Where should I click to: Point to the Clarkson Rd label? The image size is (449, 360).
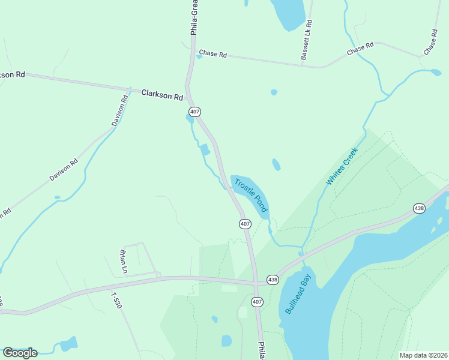pos(162,95)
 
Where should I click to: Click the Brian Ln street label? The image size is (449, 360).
pos(124,262)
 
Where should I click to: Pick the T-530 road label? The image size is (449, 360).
pos(116,300)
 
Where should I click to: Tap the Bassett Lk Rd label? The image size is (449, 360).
pos(307,41)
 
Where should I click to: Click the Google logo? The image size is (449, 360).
pos(20,353)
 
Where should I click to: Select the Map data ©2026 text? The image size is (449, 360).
pos(423,355)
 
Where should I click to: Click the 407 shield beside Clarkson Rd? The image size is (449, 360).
pos(194,112)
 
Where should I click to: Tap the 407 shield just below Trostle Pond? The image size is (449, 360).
pos(244,223)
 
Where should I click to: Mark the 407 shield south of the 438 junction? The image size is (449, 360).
pos(257,301)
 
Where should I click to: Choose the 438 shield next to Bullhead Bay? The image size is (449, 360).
pos(273,280)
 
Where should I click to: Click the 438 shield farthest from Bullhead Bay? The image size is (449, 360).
pos(419,208)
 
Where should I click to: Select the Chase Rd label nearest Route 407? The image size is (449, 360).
pos(213,54)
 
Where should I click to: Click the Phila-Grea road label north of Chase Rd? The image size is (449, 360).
pos(194,18)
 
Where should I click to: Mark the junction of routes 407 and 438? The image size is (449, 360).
pos(257,282)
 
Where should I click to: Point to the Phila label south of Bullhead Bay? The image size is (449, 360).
pos(262,350)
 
